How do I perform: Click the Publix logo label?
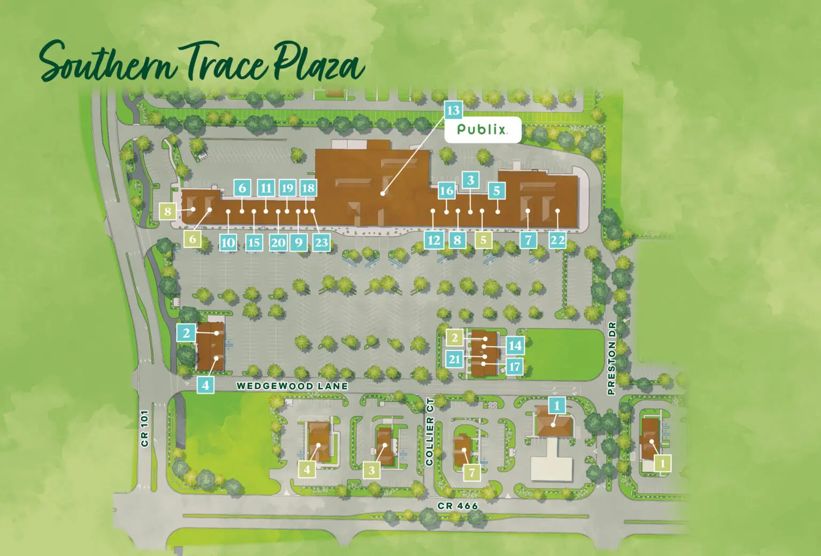pyautogui.click(x=482, y=130)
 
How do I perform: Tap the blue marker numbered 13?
pyautogui.click(x=453, y=110)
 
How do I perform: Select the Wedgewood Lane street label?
pyautogui.click(x=292, y=386)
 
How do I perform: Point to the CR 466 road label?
pyautogui.click(x=458, y=506)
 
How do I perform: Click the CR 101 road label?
pyautogui.click(x=144, y=428)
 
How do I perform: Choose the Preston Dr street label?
pyautogui.click(x=612, y=358)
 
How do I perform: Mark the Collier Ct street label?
pyautogui.click(x=429, y=432)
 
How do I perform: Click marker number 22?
pyautogui.click(x=557, y=240)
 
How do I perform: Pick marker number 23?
pyautogui.click(x=321, y=242)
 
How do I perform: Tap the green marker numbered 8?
pyautogui.click(x=168, y=211)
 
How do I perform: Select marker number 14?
pyautogui.click(x=515, y=346)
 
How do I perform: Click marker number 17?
pyautogui.click(x=514, y=367)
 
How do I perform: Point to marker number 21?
pyautogui.click(x=454, y=359)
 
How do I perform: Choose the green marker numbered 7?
pyautogui.click(x=471, y=473)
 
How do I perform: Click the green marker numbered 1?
pyautogui.click(x=663, y=463)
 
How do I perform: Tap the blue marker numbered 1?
pyautogui.click(x=557, y=405)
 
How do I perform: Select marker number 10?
pyautogui.click(x=228, y=242)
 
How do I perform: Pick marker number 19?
pyautogui.click(x=287, y=188)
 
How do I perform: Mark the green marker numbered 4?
pyautogui.click(x=307, y=469)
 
